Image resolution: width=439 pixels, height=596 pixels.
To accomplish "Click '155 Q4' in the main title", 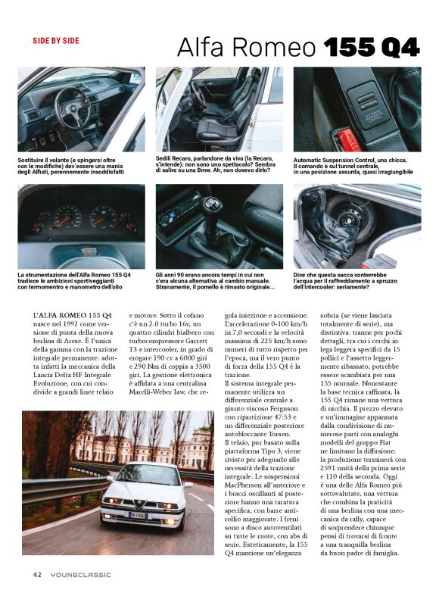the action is pyautogui.click(x=371, y=47).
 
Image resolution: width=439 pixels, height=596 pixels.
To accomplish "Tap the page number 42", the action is pyautogui.click(x=36, y=574).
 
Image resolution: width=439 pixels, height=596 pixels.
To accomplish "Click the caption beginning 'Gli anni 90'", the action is pyautogui.click(x=214, y=280).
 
